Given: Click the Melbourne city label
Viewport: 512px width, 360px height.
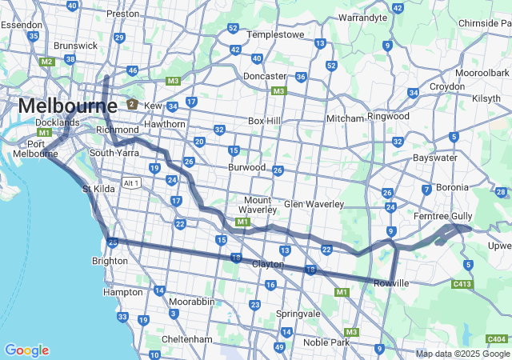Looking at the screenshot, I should (x=67, y=106).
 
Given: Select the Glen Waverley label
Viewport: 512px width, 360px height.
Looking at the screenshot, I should (x=313, y=204).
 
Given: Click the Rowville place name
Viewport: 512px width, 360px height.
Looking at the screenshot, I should (x=391, y=283).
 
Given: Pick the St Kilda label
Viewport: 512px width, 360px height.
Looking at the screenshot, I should (x=98, y=189).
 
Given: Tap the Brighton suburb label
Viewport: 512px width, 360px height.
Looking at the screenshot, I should (x=110, y=261).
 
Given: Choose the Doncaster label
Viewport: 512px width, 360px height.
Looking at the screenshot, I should (x=265, y=76).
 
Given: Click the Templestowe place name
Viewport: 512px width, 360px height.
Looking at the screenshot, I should (x=276, y=35).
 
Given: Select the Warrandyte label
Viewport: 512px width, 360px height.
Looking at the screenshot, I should (x=363, y=17).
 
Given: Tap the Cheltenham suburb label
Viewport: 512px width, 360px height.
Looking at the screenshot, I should (x=185, y=339).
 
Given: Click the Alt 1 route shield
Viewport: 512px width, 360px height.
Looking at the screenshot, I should (x=132, y=183).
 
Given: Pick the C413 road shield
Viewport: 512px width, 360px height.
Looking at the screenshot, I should (x=462, y=283).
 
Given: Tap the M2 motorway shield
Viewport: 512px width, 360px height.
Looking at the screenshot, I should (x=46, y=62).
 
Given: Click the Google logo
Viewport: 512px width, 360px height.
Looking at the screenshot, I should (x=26, y=350).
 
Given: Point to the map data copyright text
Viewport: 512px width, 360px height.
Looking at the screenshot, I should (x=462, y=354).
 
